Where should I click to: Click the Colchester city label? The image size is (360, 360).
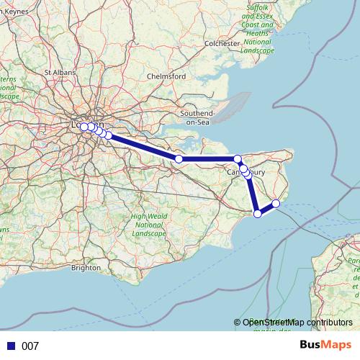point(221,43)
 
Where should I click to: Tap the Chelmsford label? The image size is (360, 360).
point(166,76)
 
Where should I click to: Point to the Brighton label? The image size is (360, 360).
point(86,268)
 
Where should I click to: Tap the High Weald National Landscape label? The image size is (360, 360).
point(148,225)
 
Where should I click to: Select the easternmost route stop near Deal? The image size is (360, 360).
point(275,204)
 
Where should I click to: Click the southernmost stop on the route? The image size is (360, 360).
point(258,213)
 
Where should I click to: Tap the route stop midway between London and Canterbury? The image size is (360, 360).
point(179,158)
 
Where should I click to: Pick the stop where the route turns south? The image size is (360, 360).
point(238,158)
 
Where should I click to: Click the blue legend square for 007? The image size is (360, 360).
point(11,346)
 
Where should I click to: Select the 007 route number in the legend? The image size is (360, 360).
point(30,346)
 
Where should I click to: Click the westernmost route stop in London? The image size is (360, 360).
point(84,127)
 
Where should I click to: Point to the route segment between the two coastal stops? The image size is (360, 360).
point(266,208)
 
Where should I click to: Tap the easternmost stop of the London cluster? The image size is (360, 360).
point(108,135)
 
